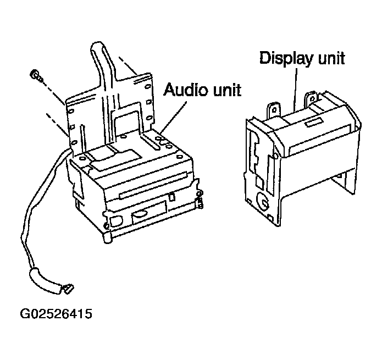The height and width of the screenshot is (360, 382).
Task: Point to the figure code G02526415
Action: point(56,314)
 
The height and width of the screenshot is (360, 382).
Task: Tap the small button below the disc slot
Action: point(171,197)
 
